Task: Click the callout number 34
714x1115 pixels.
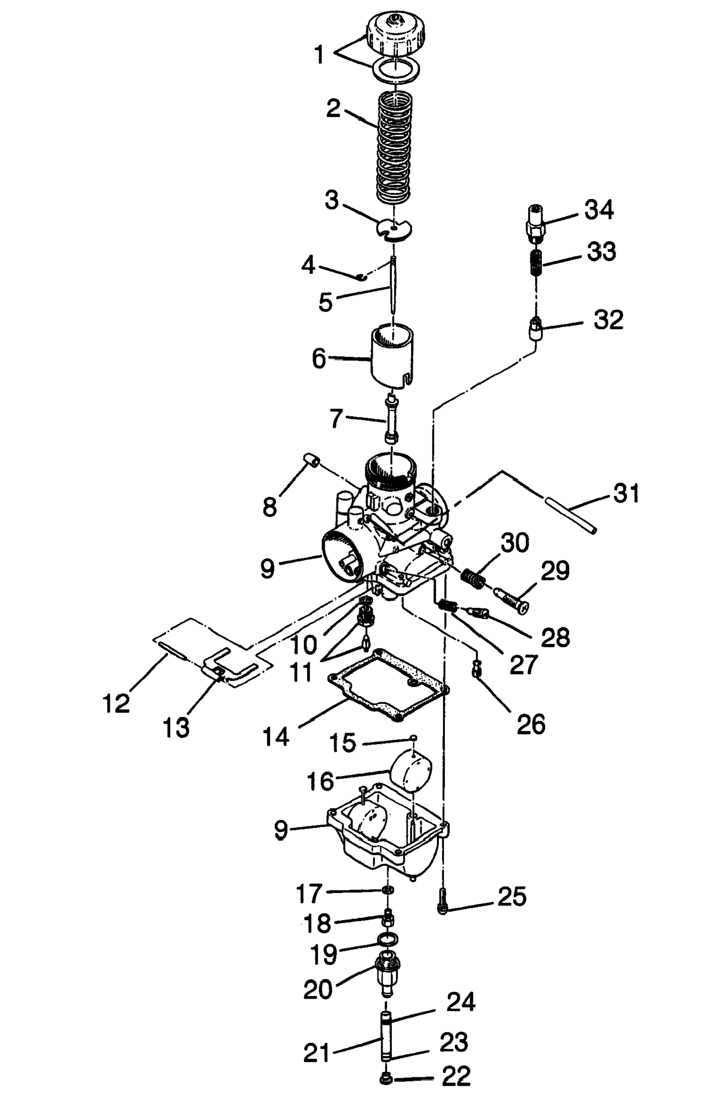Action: click(x=599, y=210)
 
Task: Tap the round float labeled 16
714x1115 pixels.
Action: click(x=410, y=773)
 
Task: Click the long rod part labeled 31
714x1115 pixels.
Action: click(x=571, y=515)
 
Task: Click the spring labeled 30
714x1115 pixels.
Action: click(x=474, y=579)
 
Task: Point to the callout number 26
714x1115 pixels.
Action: click(x=531, y=724)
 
